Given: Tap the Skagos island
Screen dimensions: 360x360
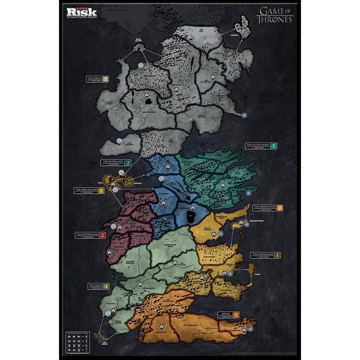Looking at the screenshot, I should [x=245, y=25].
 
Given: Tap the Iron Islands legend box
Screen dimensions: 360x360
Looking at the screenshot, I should [x=89, y=190].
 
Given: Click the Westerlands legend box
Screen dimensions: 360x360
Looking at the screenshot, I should [x=89, y=235].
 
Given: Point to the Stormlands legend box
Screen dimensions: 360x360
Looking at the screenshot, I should [x=265, y=255].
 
